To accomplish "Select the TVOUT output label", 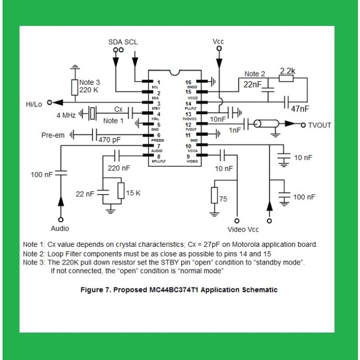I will click(320, 125).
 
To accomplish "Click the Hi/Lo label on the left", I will click(34, 104).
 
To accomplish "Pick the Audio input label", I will click(60, 228).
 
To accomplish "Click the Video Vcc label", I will click(243, 229).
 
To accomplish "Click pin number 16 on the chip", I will click(189, 82).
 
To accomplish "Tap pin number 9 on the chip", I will click(189, 156).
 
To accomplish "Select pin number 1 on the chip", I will click(159, 82).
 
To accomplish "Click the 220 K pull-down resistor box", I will click(75, 87).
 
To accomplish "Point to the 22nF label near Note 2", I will click(253, 84).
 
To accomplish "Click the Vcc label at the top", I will click(218, 41).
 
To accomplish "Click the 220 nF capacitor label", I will click(119, 168).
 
